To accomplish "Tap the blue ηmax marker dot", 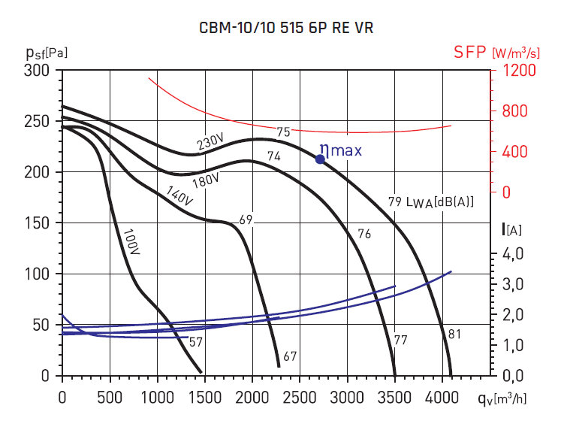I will pos(320,159).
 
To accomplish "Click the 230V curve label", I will pos(211,141).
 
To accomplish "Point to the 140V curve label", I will pos(179,195).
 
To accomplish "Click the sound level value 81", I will pos(454,334).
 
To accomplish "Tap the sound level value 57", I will pos(195,343).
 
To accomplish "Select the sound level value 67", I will pos(290,356).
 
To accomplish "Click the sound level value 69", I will pos(246,220).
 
